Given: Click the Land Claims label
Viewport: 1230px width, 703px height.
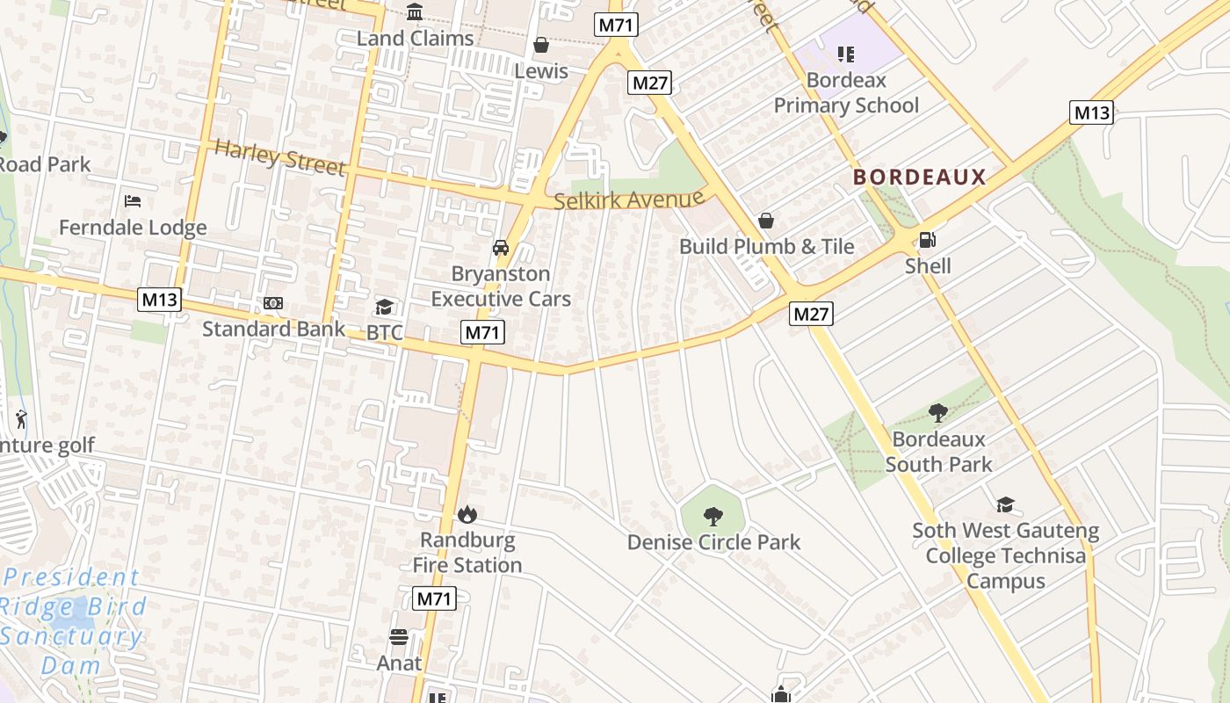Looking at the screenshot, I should [x=415, y=39].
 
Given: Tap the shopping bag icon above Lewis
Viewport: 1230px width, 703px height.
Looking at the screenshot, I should [x=541, y=45].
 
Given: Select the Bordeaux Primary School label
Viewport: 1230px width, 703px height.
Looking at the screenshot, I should [x=846, y=92].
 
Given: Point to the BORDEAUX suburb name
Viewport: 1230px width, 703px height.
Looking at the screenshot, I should [x=920, y=178].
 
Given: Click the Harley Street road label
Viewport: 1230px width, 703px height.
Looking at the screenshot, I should [x=279, y=157].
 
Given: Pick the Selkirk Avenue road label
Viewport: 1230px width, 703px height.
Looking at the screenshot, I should [x=629, y=200].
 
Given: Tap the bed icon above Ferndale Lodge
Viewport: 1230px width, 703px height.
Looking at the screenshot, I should [x=133, y=201].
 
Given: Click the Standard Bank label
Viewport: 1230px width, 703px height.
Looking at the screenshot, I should [x=273, y=329].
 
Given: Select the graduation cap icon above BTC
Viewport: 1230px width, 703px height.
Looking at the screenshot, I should [x=384, y=307].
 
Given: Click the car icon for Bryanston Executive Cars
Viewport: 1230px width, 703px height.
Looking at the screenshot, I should [x=501, y=248].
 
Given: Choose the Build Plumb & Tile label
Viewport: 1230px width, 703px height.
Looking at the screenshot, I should [x=766, y=246].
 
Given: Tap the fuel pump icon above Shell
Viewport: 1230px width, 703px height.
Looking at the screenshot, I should [x=927, y=240].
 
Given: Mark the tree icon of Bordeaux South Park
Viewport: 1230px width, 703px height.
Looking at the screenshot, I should [x=938, y=412].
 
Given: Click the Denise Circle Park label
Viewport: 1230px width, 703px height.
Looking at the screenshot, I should [x=713, y=542].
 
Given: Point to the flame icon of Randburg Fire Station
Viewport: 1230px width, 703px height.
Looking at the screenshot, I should [x=467, y=514].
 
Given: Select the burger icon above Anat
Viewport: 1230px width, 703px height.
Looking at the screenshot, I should [x=399, y=637].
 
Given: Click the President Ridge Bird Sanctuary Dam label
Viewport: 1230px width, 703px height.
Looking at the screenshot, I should [x=72, y=620].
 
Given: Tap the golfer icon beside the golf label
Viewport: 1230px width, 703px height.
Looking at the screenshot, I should [x=22, y=419].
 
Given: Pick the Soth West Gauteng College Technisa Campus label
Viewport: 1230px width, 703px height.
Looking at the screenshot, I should [x=1005, y=555].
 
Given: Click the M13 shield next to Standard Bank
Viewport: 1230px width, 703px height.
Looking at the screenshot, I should [x=159, y=300].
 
